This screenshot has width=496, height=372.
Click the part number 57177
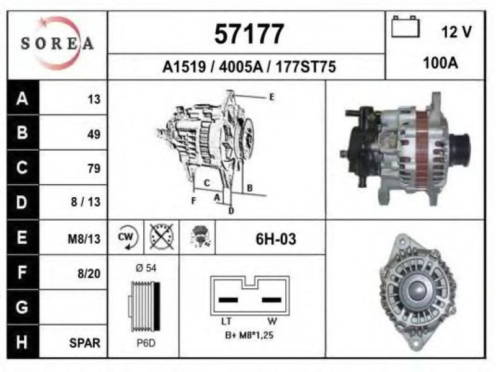pyautogui.click(x=249, y=34)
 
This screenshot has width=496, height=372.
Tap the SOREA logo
pyautogui.click(x=57, y=43)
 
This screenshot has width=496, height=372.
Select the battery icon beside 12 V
pyautogui.click(x=405, y=27)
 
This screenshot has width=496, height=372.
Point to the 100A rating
pyautogui.click(x=440, y=63)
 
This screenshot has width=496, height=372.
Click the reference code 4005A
pyautogui.click(x=241, y=67)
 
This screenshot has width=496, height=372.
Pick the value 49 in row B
pyautogui.click(x=94, y=135)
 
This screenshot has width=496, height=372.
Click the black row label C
pyautogui.click(x=22, y=167)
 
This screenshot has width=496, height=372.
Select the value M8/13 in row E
pyautogui.click(x=84, y=239)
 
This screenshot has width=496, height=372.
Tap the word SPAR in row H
pyautogui.click(x=84, y=343)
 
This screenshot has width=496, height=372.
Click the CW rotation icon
pyautogui.click(x=126, y=237)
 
